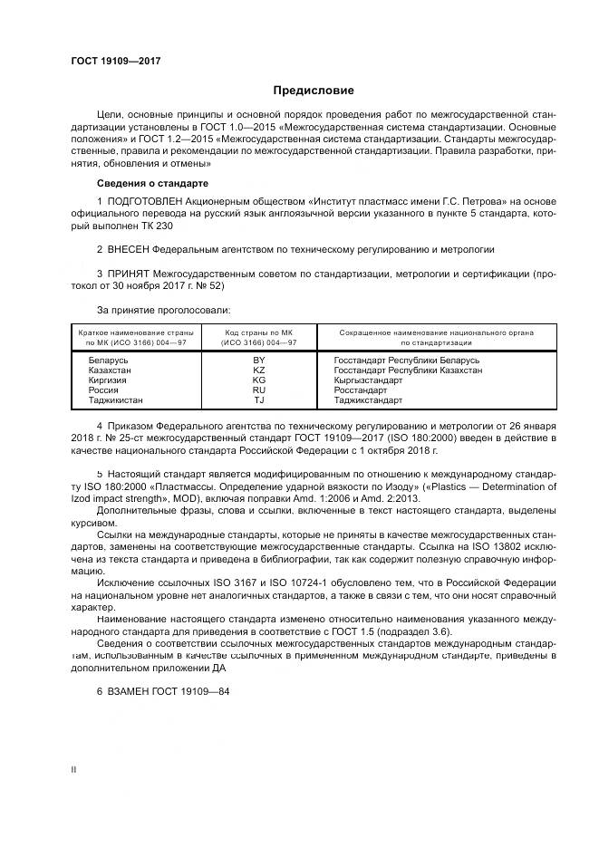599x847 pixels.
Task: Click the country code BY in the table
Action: [x=258, y=360]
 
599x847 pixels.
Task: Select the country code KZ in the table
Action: [x=258, y=370]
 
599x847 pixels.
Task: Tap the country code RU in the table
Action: [x=258, y=390]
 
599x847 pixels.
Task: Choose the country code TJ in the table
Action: [x=258, y=399]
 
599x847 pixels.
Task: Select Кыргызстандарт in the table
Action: [x=369, y=380]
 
